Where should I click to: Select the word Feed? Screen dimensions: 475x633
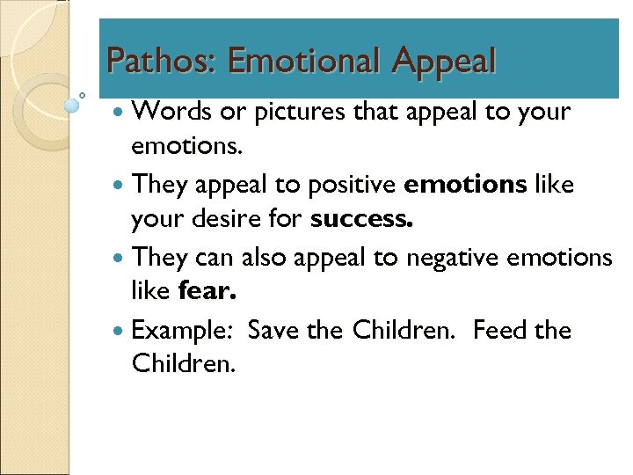(x=498, y=331)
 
